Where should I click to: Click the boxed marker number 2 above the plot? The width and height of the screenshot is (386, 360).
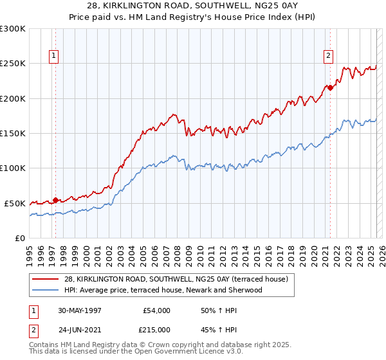[x=327, y=56]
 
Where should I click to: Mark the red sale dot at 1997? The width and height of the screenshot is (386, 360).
[x=56, y=200]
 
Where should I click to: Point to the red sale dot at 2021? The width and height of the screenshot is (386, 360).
[x=330, y=88]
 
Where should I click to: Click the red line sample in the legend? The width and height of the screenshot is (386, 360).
[x=45, y=279]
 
